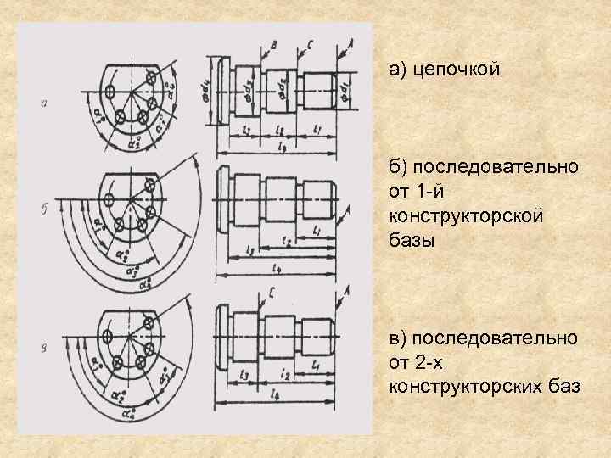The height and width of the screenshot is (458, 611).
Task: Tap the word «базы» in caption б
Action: click(x=412, y=240)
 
